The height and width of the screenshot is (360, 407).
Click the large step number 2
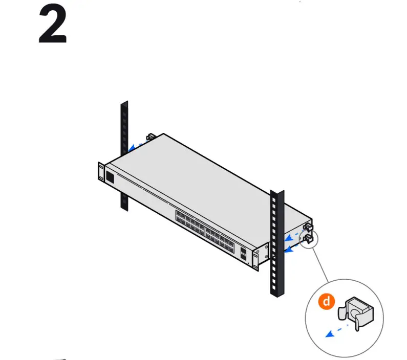coord(53,26)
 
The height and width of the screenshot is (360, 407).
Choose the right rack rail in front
coord(276,245)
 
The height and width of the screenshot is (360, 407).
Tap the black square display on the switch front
coord(110,177)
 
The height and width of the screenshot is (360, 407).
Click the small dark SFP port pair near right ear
coord(244,253)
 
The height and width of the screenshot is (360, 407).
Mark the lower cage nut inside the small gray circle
coord(309,238)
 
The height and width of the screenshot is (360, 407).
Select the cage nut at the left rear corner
coord(151,137)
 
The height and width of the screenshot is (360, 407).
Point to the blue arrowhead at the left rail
coord(131,148)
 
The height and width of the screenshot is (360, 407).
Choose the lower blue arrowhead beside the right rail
coord(288,250)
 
